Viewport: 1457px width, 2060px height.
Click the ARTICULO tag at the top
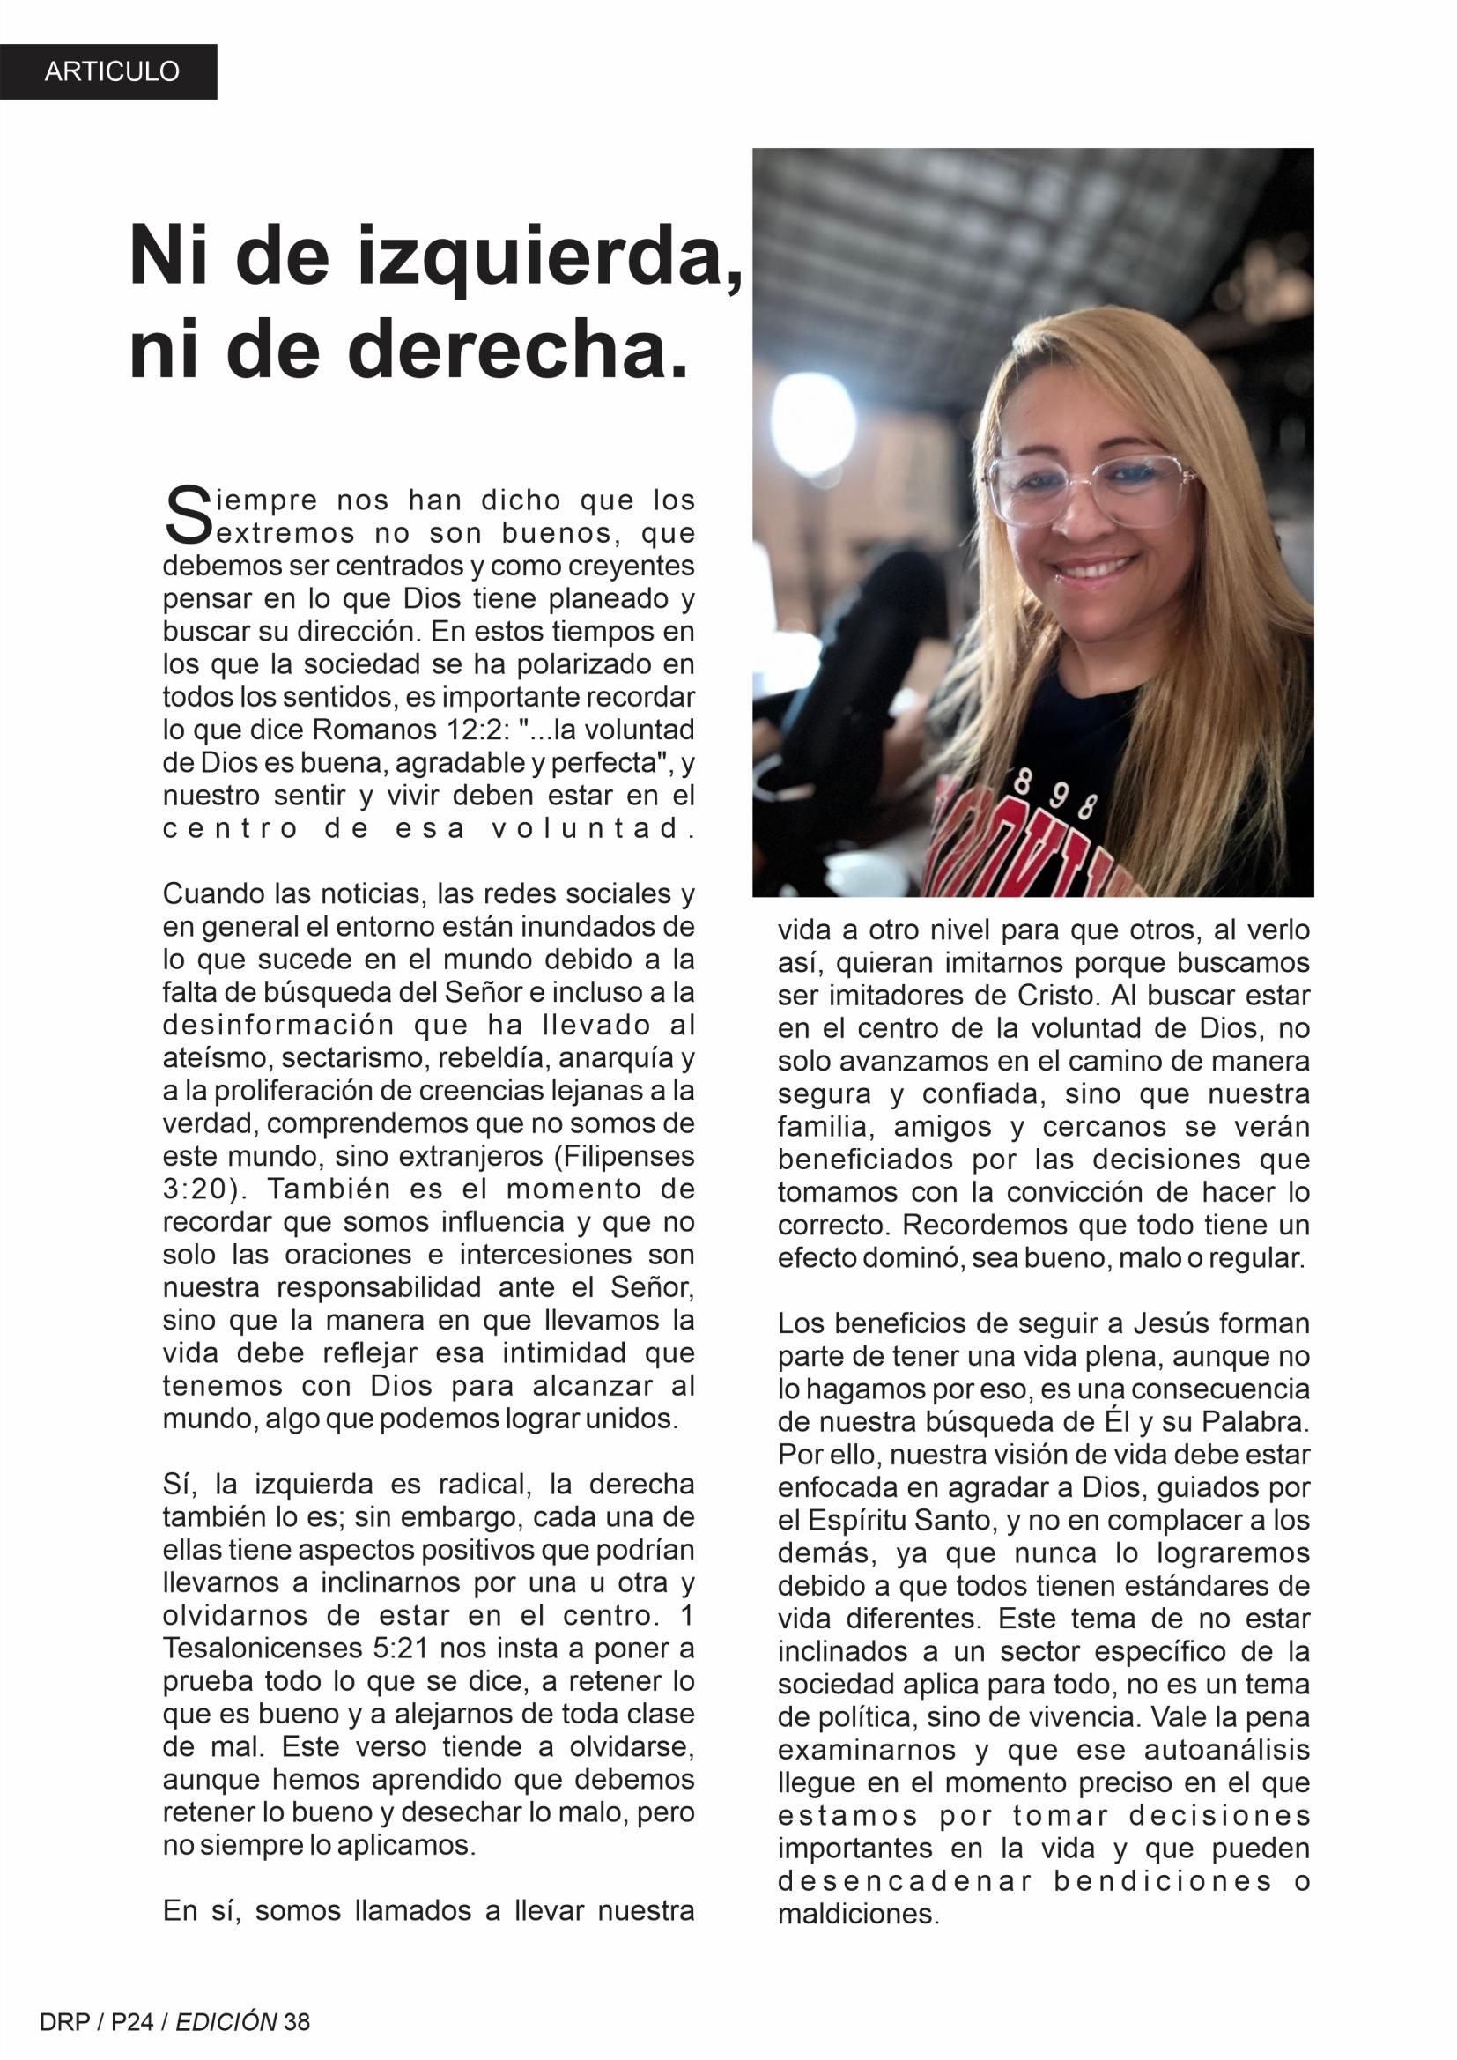click(112, 71)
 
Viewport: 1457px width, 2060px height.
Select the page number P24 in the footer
click(133, 2021)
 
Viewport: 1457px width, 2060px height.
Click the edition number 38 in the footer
click(296, 2021)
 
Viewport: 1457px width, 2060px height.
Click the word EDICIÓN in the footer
click(226, 2021)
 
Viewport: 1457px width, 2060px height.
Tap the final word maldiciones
click(857, 1915)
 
